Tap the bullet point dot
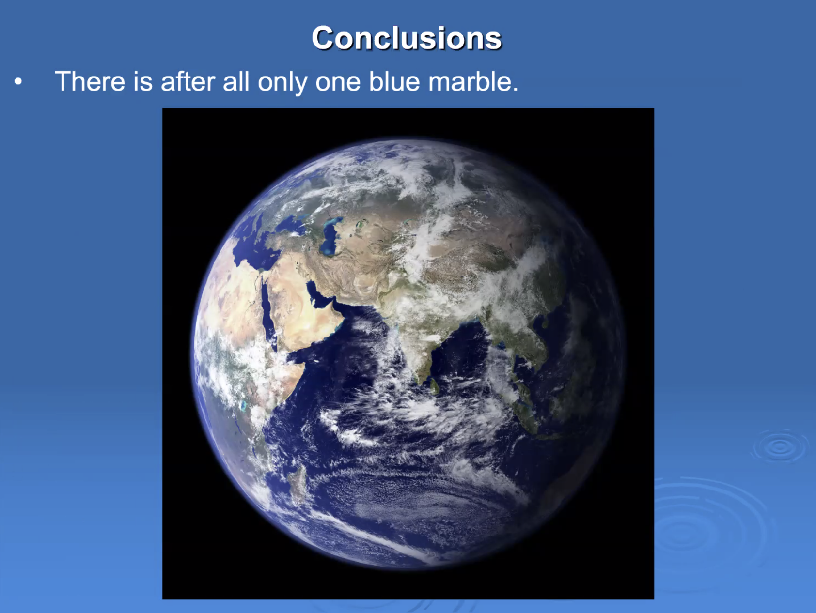click(x=18, y=81)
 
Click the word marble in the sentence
click(x=473, y=81)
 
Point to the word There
click(x=90, y=81)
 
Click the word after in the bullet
click(x=188, y=81)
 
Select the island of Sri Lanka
click(x=435, y=386)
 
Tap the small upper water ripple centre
click(x=780, y=446)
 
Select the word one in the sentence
click(x=338, y=81)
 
